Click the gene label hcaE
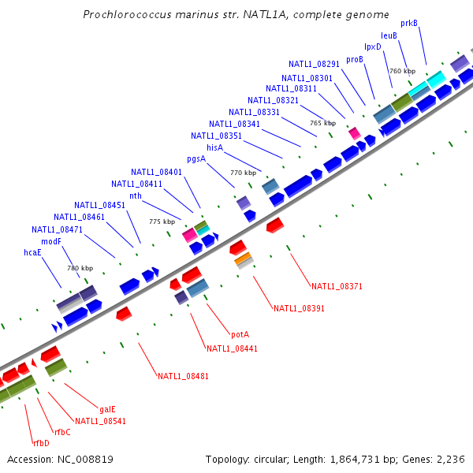(x=32, y=253)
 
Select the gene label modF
(x=51, y=241)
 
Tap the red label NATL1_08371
(x=337, y=286)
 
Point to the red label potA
(x=240, y=334)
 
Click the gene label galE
(x=108, y=409)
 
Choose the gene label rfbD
(x=40, y=443)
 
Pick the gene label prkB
(x=409, y=23)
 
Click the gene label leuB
(x=389, y=35)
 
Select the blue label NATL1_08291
(x=314, y=64)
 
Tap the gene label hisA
(x=215, y=147)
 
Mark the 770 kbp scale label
(x=243, y=173)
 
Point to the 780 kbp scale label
(x=80, y=268)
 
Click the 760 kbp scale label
(x=401, y=72)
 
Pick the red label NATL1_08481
(x=183, y=376)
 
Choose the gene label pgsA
(x=196, y=159)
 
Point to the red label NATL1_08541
(x=100, y=421)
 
